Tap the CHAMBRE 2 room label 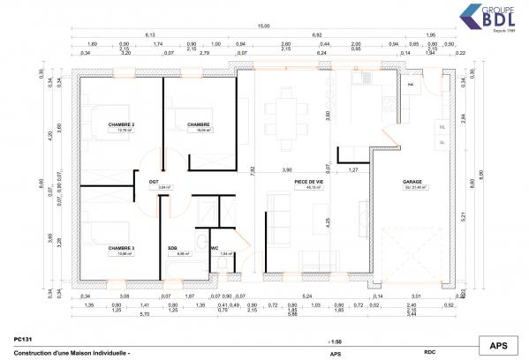(121, 125)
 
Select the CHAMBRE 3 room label (121, 248)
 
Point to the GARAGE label (414, 183)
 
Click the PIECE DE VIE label (308, 183)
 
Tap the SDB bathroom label (173, 248)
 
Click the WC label (215, 248)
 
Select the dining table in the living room (284, 114)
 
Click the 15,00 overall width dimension (263, 26)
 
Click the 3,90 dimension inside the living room (286, 169)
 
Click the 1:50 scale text (334, 341)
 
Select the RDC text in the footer (430, 352)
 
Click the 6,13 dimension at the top (162, 34)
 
